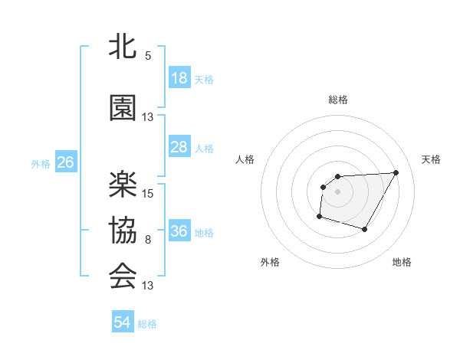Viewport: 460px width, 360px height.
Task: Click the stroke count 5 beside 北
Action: click(x=147, y=56)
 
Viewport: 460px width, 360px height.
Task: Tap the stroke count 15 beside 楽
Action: click(x=149, y=193)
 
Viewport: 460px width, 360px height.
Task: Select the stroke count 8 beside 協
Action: click(x=147, y=241)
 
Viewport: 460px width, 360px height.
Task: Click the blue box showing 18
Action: click(x=179, y=78)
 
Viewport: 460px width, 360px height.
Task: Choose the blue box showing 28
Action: click(x=179, y=147)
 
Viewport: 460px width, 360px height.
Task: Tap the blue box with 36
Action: click(x=179, y=231)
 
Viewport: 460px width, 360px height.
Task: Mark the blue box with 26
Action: click(x=65, y=162)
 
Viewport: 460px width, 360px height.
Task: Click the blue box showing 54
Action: click(x=123, y=322)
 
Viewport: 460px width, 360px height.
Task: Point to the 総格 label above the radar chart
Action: click(x=338, y=100)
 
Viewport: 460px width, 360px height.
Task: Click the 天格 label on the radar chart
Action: click(x=431, y=159)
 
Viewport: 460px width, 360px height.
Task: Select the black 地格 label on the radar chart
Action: click(x=402, y=262)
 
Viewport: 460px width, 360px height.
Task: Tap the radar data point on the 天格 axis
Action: click(x=396, y=172)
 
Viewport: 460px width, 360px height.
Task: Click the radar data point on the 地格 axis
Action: click(x=364, y=229)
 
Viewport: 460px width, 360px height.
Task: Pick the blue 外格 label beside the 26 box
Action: click(x=41, y=163)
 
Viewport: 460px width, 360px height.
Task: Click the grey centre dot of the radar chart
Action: click(x=337, y=191)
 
